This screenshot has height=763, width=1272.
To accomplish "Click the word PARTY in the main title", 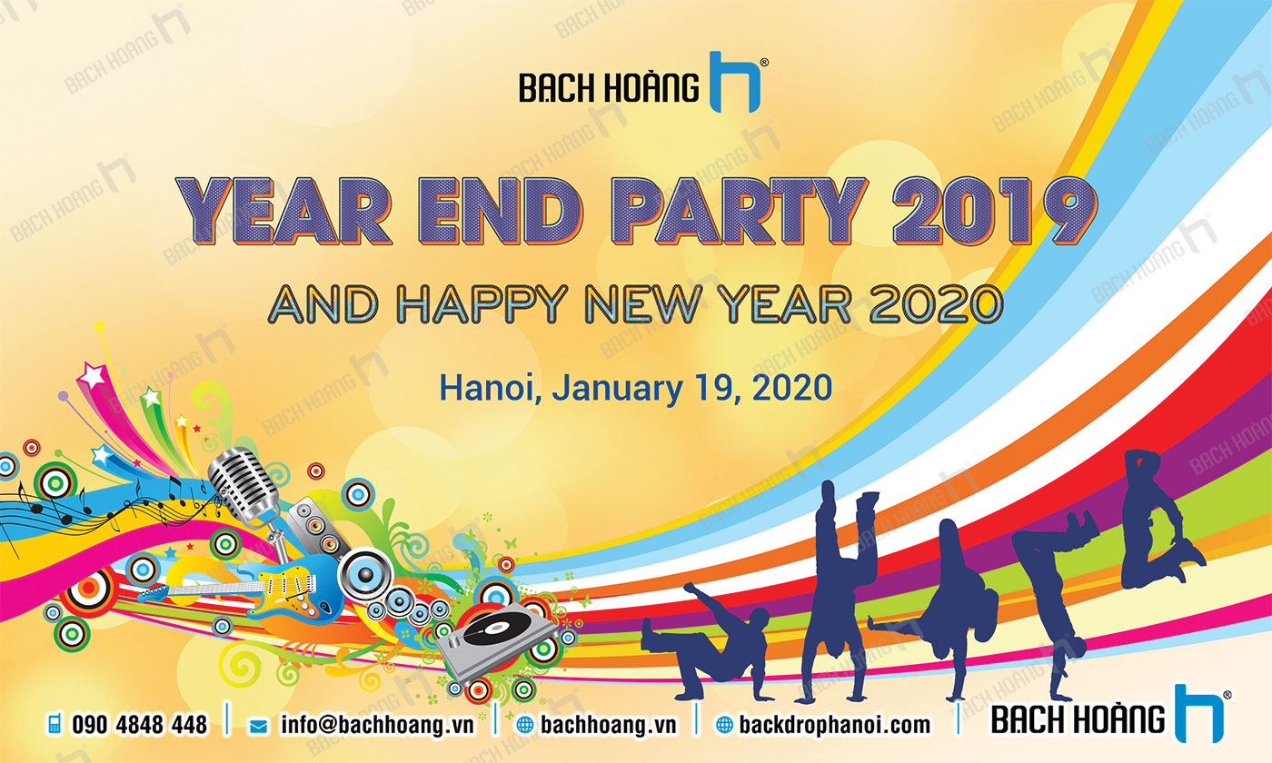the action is (739, 211).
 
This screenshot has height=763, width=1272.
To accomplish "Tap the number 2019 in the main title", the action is (994, 211).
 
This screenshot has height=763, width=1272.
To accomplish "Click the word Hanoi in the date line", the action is (490, 389).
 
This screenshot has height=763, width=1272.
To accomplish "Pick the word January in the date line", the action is (618, 390).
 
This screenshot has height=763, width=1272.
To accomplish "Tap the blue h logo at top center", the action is (735, 82).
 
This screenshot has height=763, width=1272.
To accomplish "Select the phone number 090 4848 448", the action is (140, 725).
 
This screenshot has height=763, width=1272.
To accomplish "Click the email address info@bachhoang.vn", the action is (378, 725).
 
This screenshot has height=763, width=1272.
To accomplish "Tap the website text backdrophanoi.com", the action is (835, 725).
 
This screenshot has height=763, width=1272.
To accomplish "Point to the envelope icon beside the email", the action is (258, 726).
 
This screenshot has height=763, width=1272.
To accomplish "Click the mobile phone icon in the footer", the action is (55, 724).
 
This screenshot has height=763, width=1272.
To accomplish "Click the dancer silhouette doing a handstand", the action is (840, 590).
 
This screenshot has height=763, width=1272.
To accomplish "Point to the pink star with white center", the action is (92, 374).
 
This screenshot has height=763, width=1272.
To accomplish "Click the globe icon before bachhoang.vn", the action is (525, 725).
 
